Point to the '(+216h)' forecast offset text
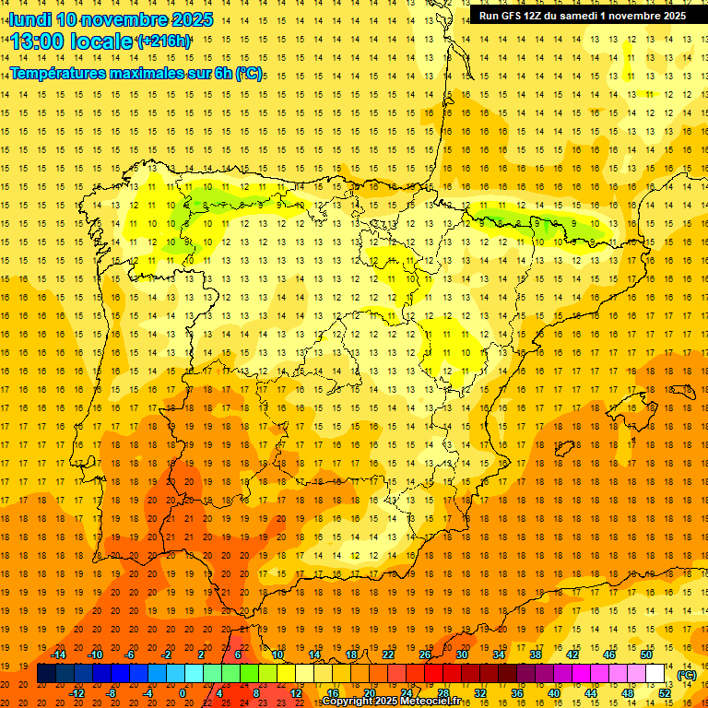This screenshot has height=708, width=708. (x=163, y=41)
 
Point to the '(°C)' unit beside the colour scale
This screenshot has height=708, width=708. (x=686, y=675)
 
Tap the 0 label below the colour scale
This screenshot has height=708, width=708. (x=183, y=693)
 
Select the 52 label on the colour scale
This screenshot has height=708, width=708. (x=665, y=693)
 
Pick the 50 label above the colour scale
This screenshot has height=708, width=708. (x=646, y=655)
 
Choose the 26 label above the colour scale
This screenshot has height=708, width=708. (x=425, y=655)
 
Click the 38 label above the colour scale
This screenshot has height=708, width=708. (x=536, y=655)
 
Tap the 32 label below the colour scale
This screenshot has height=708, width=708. (x=480, y=693)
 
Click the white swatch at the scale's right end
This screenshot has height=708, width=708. (x=655, y=674)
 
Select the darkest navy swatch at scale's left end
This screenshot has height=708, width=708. (x=46, y=674)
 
